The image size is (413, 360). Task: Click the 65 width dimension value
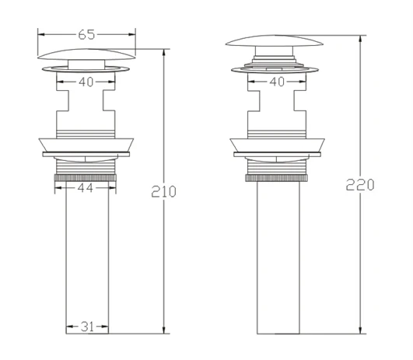click(86, 34)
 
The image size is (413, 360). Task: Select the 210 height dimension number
click(163, 191)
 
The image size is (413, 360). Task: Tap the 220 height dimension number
click(360, 184)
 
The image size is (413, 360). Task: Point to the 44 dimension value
click(86, 187)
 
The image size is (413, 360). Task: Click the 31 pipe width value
click(87, 327)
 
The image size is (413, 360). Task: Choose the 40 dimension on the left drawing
click(86, 82)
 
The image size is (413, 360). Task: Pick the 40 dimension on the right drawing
click(277, 82)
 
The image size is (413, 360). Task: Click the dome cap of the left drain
click(86, 54)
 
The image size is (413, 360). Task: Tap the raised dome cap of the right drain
click(275, 40)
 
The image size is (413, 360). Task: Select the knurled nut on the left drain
click(86, 177)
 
